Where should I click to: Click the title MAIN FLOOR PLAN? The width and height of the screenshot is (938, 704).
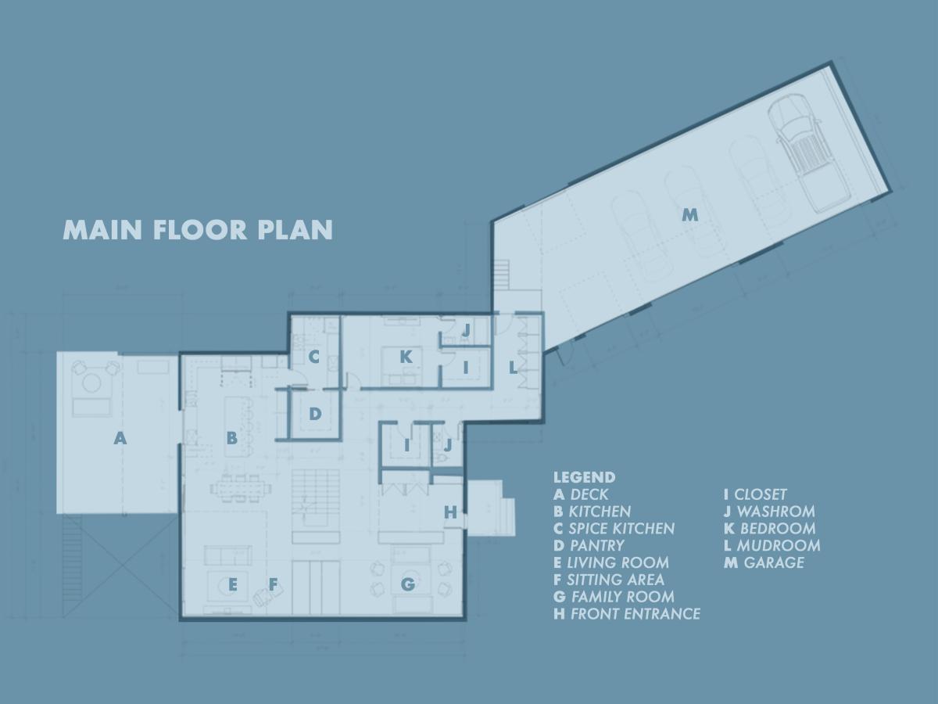(x=198, y=230)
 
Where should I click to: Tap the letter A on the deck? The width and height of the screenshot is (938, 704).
(x=120, y=439)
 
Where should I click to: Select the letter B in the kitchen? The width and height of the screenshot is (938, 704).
(x=231, y=439)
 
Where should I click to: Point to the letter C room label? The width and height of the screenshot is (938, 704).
(x=314, y=357)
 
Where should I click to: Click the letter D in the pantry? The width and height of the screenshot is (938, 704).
(x=314, y=414)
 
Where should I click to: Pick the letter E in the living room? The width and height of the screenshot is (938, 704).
(x=232, y=584)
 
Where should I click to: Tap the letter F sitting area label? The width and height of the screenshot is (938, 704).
(x=273, y=584)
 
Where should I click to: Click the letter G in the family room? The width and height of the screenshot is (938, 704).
(x=407, y=584)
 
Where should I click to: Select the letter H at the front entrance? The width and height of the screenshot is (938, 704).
(x=450, y=512)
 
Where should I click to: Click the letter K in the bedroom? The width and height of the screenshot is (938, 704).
(x=406, y=357)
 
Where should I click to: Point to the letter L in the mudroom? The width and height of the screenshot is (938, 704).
(x=514, y=367)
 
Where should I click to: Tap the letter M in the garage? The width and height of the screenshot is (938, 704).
(x=689, y=214)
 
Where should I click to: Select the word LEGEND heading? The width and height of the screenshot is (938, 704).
(x=584, y=477)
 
